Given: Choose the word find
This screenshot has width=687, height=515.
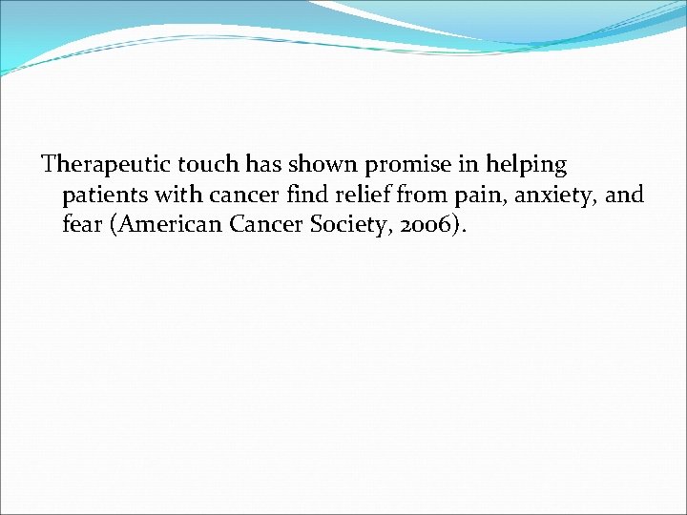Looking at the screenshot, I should [302, 196].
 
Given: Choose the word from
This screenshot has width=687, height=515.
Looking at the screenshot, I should [409, 196].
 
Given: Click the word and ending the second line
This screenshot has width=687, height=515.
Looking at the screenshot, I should [625, 196].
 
